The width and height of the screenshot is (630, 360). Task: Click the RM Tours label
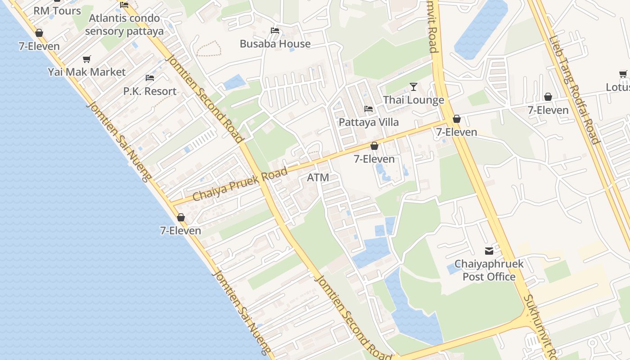(x=57, y=11)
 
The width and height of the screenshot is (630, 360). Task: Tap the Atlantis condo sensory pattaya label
(x=124, y=25)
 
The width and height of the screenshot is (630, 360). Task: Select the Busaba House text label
(x=275, y=44)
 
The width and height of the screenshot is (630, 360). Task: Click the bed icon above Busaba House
(x=275, y=31)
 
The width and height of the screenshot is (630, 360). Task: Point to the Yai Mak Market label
(x=87, y=72)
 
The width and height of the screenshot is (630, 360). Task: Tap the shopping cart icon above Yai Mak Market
(x=87, y=59)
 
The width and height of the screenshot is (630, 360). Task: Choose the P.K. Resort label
(x=150, y=91)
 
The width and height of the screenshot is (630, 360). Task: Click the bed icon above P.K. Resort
(x=150, y=78)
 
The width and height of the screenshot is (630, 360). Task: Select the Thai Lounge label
(x=414, y=100)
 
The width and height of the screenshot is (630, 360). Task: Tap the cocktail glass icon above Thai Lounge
(x=414, y=87)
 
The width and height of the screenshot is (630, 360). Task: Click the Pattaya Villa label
(x=369, y=122)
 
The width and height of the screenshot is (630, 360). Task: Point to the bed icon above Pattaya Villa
(x=369, y=109)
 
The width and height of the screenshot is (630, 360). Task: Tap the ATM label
(x=318, y=178)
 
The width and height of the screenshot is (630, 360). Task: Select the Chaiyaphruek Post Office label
(x=489, y=270)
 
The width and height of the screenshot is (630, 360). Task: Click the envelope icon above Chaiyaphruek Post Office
(x=489, y=251)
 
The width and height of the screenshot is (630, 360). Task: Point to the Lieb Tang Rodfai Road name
(x=574, y=90)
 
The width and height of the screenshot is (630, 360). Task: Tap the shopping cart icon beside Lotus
(x=623, y=74)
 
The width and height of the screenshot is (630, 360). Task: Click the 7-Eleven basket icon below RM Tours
(x=39, y=33)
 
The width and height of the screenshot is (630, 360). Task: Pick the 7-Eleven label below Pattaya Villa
(x=374, y=159)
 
